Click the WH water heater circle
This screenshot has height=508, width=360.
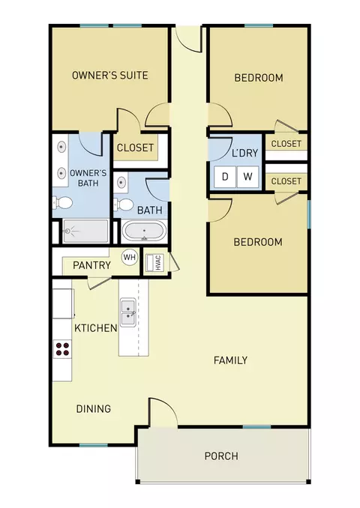(x=130, y=258)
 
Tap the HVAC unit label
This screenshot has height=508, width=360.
(x=158, y=263)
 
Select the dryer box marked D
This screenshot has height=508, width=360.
(x=225, y=177)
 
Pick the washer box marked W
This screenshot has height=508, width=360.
(x=247, y=177)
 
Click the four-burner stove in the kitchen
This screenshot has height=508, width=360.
(x=62, y=349)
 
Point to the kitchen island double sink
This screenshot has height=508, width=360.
(x=128, y=312)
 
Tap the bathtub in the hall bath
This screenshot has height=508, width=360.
(x=144, y=231)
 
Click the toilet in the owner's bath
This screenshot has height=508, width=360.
(x=62, y=203)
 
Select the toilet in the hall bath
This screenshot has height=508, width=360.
(x=123, y=205)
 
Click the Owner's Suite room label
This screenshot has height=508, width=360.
(x=110, y=75)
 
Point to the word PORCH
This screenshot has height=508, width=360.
(x=221, y=456)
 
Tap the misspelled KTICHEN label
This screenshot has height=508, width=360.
(x=96, y=328)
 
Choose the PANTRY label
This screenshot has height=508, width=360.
(x=91, y=265)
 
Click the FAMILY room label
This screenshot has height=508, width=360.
(x=230, y=360)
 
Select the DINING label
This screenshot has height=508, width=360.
(x=94, y=409)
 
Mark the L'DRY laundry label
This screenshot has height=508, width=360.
(x=244, y=153)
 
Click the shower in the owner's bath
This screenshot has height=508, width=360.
(x=85, y=231)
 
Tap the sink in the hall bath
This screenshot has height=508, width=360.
(x=121, y=182)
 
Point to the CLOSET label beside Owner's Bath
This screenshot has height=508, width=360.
(x=135, y=148)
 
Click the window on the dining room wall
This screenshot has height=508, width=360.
(x=94, y=446)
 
